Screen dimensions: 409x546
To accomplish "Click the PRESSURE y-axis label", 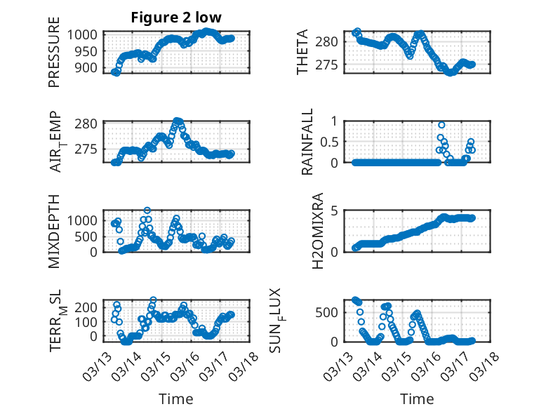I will click(x=54, y=57).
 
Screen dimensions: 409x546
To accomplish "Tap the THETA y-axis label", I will click(x=302, y=52).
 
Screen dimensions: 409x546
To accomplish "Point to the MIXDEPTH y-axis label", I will click(x=54, y=231).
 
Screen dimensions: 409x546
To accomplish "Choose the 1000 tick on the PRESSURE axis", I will click(x=86, y=34).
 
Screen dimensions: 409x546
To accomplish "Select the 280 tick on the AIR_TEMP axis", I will click(x=89, y=124).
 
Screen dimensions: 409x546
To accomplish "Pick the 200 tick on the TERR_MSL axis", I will click(x=89, y=307).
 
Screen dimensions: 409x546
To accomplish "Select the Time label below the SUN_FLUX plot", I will click(x=418, y=399).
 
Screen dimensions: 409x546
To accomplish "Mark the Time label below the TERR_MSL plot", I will click(x=177, y=399).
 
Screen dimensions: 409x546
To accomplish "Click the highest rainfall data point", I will click(x=441, y=125).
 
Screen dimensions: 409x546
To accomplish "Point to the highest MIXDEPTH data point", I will click(x=147, y=210).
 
